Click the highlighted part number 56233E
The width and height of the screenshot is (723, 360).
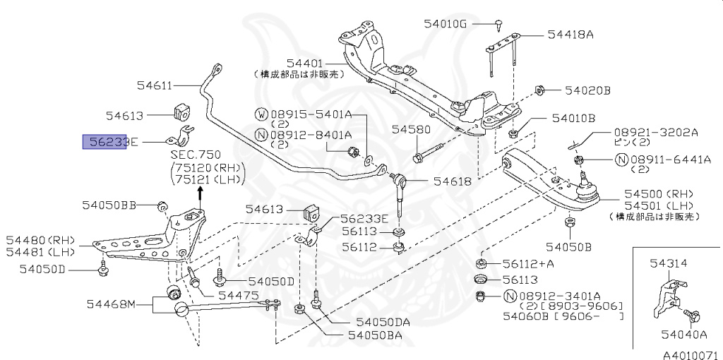[x=105, y=142]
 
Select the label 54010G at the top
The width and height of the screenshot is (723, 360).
[x=446, y=23]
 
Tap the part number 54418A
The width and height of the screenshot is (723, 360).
[x=570, y=34]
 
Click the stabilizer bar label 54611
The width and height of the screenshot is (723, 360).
[x=155, y=86]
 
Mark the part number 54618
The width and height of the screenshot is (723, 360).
[x=453, y=181]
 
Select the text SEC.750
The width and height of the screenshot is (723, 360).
[x=196, y=155]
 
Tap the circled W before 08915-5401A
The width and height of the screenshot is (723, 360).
[x=261, y=114]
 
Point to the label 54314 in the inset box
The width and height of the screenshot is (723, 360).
[x=667, y=263]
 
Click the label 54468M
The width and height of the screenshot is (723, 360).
[x=110, y=304]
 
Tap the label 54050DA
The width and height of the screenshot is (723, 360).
[x=383, y=322]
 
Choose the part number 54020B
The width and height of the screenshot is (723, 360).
[x=587, y=90]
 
